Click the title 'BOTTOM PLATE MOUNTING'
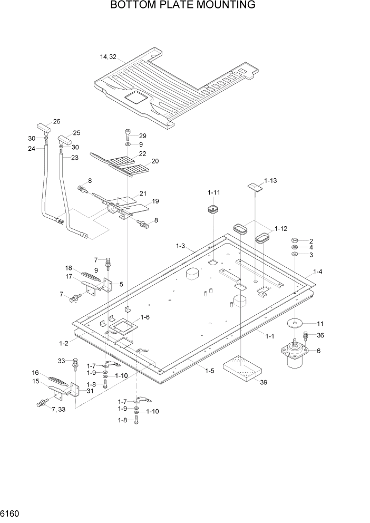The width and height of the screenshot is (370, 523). tap(183, 6)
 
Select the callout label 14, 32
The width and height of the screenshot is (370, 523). tap(109, 57)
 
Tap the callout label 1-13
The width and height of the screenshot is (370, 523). tap(270, 180)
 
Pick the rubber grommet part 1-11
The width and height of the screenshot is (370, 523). tap(213, 210)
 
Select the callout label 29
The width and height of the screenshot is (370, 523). tap(142, 136)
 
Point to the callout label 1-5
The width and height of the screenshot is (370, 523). tap(209, 371)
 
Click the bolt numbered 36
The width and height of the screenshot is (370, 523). tap(305, 335)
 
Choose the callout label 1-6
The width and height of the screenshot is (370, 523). tap(145, 317)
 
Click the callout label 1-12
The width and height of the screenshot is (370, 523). tap(280, 229)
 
